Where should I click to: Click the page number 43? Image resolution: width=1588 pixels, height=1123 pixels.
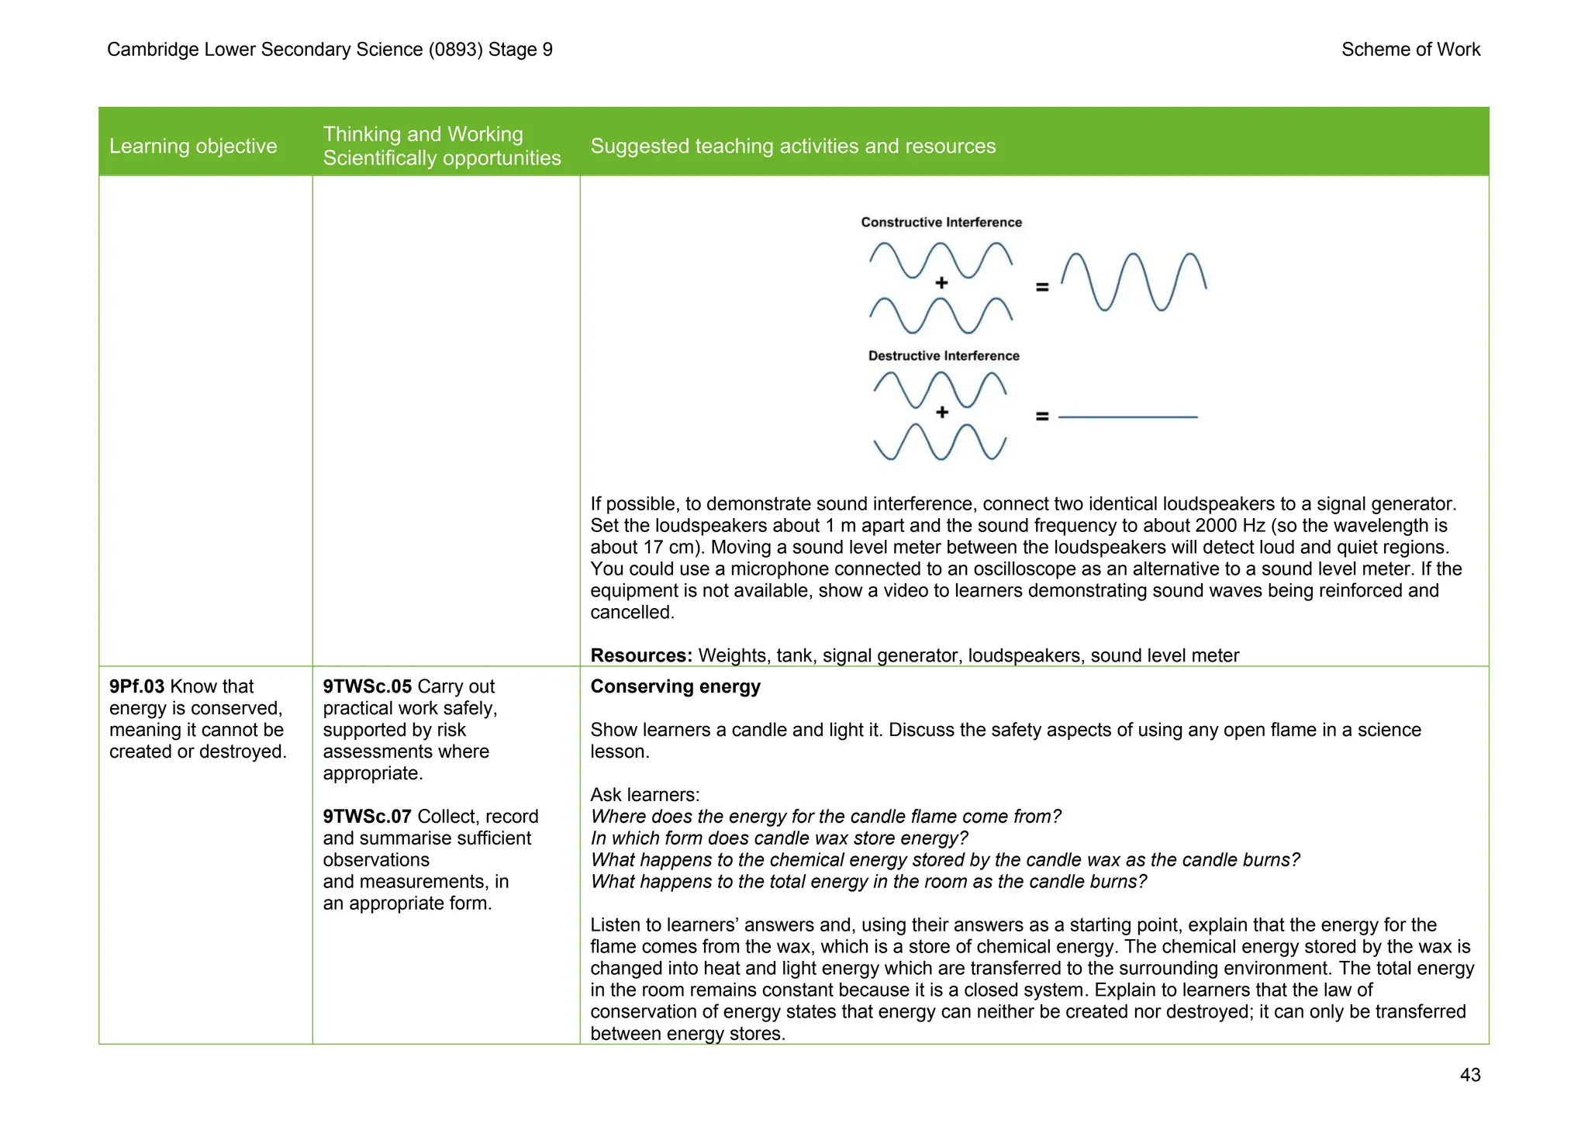click(1469, 1075)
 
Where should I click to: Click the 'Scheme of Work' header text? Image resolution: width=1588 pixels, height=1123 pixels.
click(1410, 50)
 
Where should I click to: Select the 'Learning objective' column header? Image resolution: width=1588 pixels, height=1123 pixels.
click(193, 146)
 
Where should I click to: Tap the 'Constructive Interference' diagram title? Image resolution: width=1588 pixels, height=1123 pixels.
click(941, 223)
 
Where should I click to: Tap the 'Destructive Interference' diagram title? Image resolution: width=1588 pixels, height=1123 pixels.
click(944, 356)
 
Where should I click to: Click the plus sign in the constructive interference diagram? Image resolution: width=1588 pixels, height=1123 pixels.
click(941, 283)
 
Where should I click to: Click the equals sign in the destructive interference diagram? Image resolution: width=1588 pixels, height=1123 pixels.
click(1042, 416)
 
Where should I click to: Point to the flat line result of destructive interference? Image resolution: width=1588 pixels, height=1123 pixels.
click(1128, 417)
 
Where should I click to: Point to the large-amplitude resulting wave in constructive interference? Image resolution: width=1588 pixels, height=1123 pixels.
click(1134, 282)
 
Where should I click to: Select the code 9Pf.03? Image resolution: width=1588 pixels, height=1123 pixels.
click(136, 686)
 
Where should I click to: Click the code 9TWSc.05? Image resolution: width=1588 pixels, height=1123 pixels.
click(367, 686)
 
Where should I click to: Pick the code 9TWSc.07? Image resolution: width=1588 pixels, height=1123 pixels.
click(367, 817)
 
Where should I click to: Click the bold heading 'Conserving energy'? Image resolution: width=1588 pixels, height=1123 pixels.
click(675, 686)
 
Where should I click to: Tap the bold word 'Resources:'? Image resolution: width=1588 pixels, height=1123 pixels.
click(640, 655)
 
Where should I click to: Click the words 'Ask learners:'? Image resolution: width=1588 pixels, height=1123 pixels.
click(645, 795)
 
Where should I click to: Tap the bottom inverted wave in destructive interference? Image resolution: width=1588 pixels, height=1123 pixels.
click(940, 442)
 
